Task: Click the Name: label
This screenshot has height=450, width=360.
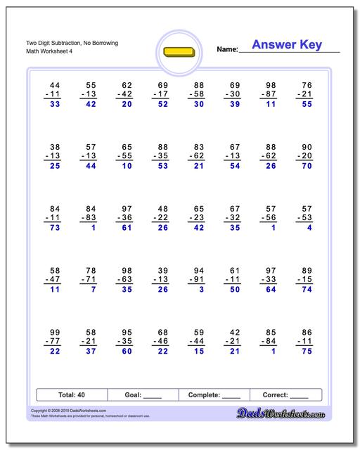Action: click(227, 49)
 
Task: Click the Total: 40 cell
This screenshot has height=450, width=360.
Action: click(71, 395)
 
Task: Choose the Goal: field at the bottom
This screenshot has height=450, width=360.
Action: click(143, 395)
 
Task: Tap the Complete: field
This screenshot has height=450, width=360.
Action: click(214, 395)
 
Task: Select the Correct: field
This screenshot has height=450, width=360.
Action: click(285, 395)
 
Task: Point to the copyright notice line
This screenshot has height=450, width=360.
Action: click(63, 410)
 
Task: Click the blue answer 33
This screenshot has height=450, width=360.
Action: click(55, 103)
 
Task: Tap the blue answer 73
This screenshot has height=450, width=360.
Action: click(55, 228)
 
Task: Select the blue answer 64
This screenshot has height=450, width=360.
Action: click(271, 289)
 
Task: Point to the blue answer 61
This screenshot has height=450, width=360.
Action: click(127, 228)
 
